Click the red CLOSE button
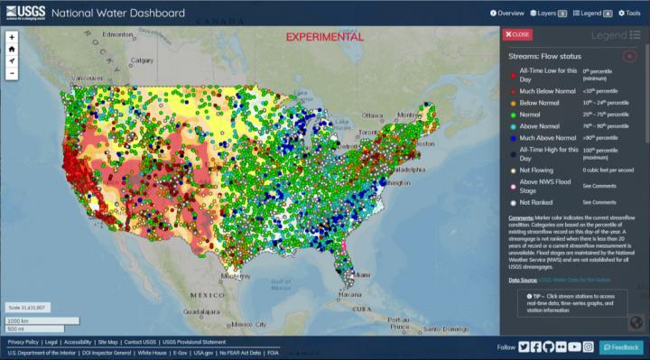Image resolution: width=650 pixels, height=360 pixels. point(518,34)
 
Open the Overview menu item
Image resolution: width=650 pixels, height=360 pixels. point(507,14)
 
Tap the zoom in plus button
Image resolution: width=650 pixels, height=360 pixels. point(12,38)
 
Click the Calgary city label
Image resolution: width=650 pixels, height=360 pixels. point(142,60)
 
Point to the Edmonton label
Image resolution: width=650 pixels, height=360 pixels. point(117,34)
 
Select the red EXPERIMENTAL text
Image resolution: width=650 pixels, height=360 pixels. point(324,37)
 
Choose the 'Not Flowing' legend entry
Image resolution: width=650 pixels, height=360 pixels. point(532,169)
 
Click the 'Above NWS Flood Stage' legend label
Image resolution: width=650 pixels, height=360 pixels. point(543,185)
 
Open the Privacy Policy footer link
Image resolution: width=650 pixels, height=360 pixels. point(23,343)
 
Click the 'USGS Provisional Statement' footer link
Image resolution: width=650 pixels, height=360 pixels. point(194,343)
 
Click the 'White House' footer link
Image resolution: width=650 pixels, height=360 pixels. point(150,353)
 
